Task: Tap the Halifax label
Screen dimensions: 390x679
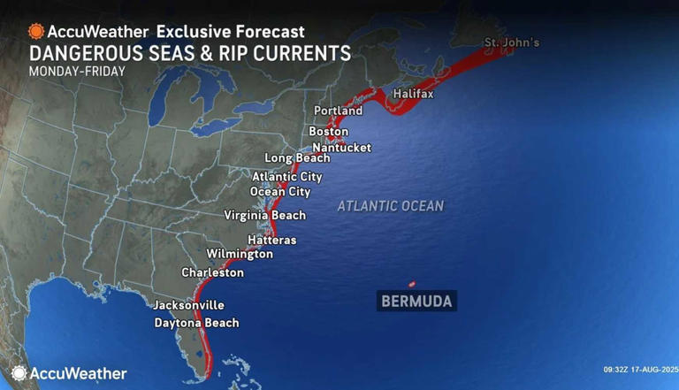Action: (412, 94)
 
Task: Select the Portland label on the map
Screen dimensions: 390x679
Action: (338, 111)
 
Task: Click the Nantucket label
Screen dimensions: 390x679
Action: (342, 148)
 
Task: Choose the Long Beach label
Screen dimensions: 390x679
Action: (297, 158)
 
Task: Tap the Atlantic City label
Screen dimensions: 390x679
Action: (286, 177)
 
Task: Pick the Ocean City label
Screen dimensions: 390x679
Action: (280, 192)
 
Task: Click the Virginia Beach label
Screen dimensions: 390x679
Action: (264, 216)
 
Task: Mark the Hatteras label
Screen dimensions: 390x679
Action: (271, 241)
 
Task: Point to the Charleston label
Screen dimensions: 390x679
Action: (212, 273)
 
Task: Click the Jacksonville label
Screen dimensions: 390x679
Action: (188, 305)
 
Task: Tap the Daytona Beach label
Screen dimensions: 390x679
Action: (196, 323)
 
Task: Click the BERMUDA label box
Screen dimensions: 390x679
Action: (416, 302)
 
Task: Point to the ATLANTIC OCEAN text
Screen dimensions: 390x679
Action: (391, 206)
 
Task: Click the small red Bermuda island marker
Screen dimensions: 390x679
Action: (412, 284)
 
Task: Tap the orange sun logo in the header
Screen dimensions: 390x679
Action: (36, 32)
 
